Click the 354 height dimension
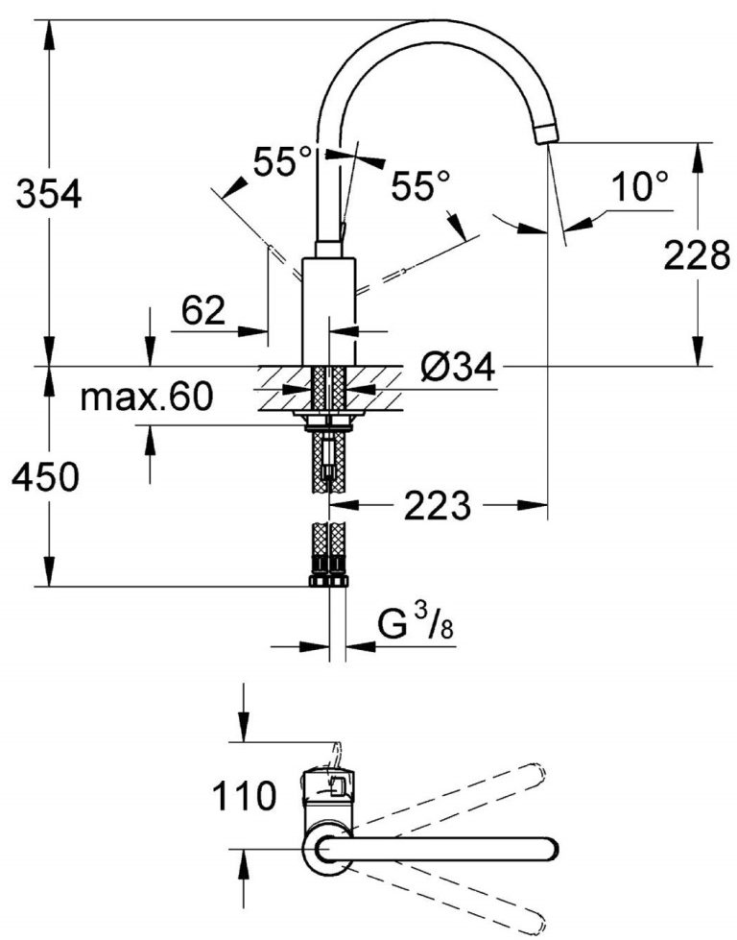click(x=46, y=195)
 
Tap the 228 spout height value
click(x=697, y=256)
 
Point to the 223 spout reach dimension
click(x=437, y=505)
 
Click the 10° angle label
click(x=640, y=186)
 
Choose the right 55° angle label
click(x=420, y=184)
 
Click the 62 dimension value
click(x=202, y=310)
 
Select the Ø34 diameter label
click(x=458, y=367)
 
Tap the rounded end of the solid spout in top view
click(x=549, y=848)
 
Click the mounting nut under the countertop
click(x=328, y=420)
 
